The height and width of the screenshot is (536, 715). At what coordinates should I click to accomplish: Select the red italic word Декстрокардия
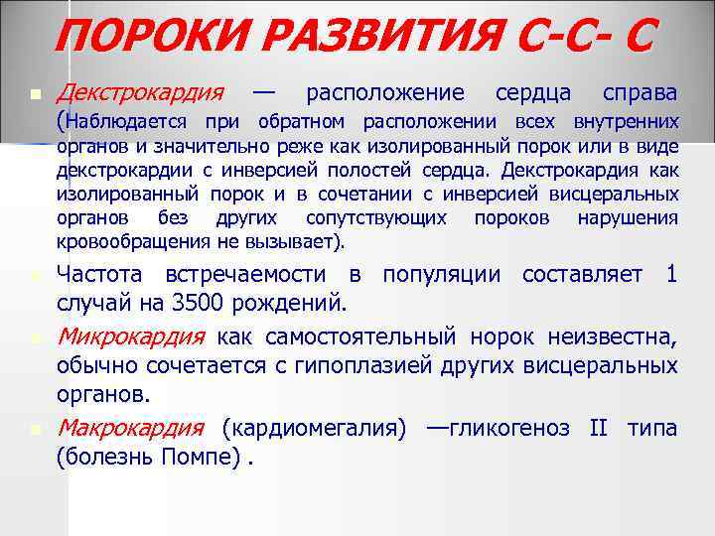[139, 94]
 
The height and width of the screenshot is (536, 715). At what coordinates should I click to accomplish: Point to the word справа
[640, 94]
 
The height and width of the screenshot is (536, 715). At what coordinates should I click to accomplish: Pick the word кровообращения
[122, 241]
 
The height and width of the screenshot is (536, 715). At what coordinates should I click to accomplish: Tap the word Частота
[99, 274]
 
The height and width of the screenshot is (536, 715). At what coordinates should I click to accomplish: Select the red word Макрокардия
[131, 429]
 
